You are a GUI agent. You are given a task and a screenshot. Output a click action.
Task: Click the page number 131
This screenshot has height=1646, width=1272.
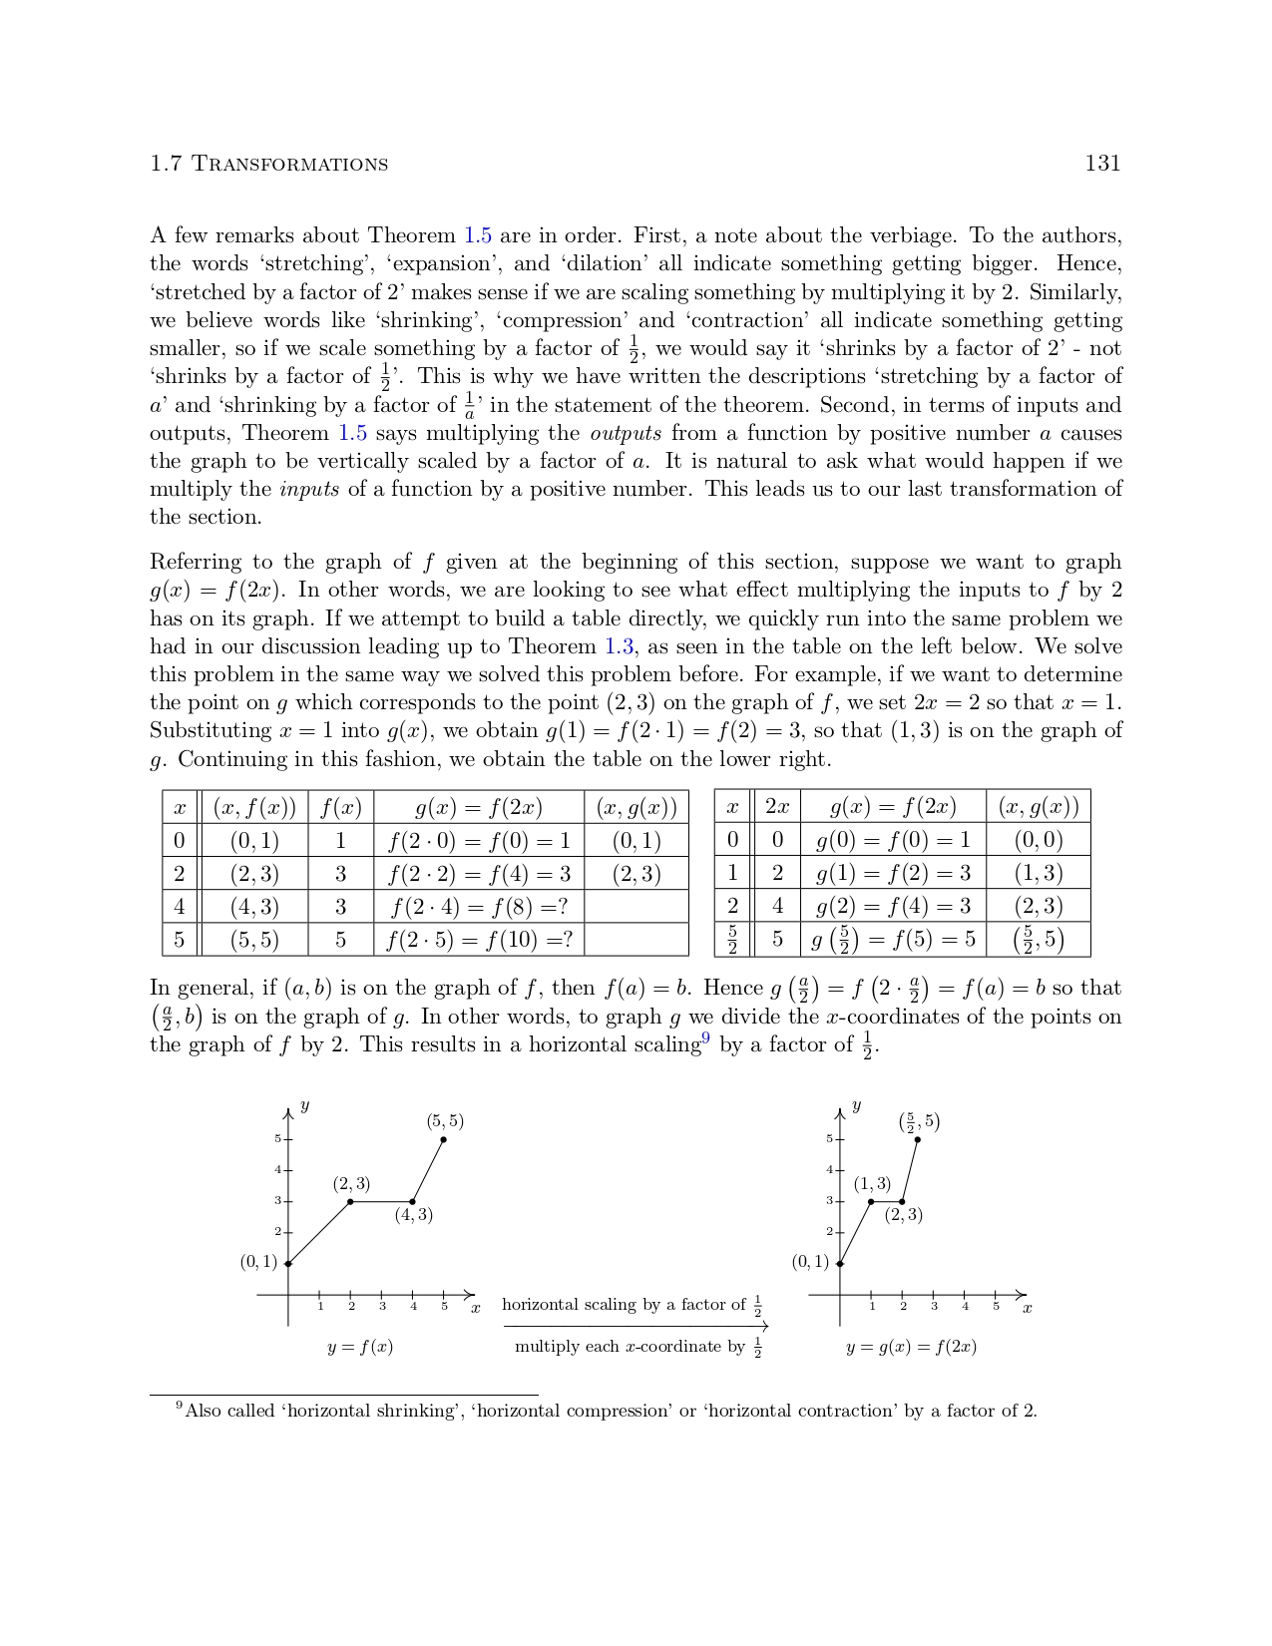(1102, 164)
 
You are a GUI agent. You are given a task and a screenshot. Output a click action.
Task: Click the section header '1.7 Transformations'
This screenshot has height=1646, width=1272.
(268, 165)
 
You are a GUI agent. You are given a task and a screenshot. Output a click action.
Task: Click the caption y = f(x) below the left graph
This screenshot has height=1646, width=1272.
(360, 1347)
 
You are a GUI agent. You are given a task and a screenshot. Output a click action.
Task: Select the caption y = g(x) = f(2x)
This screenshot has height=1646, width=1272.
(911, 1347)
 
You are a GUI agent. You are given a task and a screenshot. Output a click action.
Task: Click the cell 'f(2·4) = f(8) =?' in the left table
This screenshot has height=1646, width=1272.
(479, 907)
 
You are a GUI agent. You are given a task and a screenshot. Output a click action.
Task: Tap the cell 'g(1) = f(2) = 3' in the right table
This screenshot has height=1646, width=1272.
(893, 873)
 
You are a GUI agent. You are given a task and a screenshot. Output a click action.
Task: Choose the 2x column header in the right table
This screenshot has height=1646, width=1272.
(777, 806)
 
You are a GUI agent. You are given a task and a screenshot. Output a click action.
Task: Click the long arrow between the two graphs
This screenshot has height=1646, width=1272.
(636, 1326)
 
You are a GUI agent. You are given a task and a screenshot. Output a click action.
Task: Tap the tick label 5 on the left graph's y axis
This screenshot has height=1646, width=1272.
(278, 1139)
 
